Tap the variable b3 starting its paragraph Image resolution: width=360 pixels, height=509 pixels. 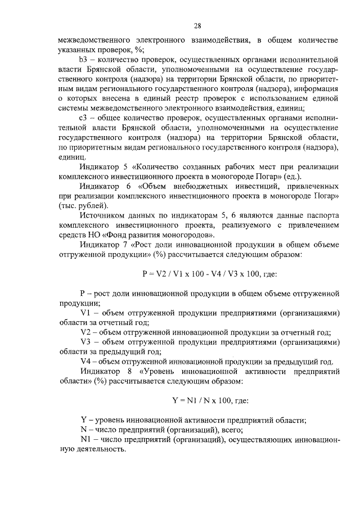[85, 58]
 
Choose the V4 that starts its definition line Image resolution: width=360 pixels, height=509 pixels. [85, 362]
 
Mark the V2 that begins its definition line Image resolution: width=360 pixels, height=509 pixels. [85, 332]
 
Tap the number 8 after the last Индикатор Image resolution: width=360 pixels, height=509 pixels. [128, 372]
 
